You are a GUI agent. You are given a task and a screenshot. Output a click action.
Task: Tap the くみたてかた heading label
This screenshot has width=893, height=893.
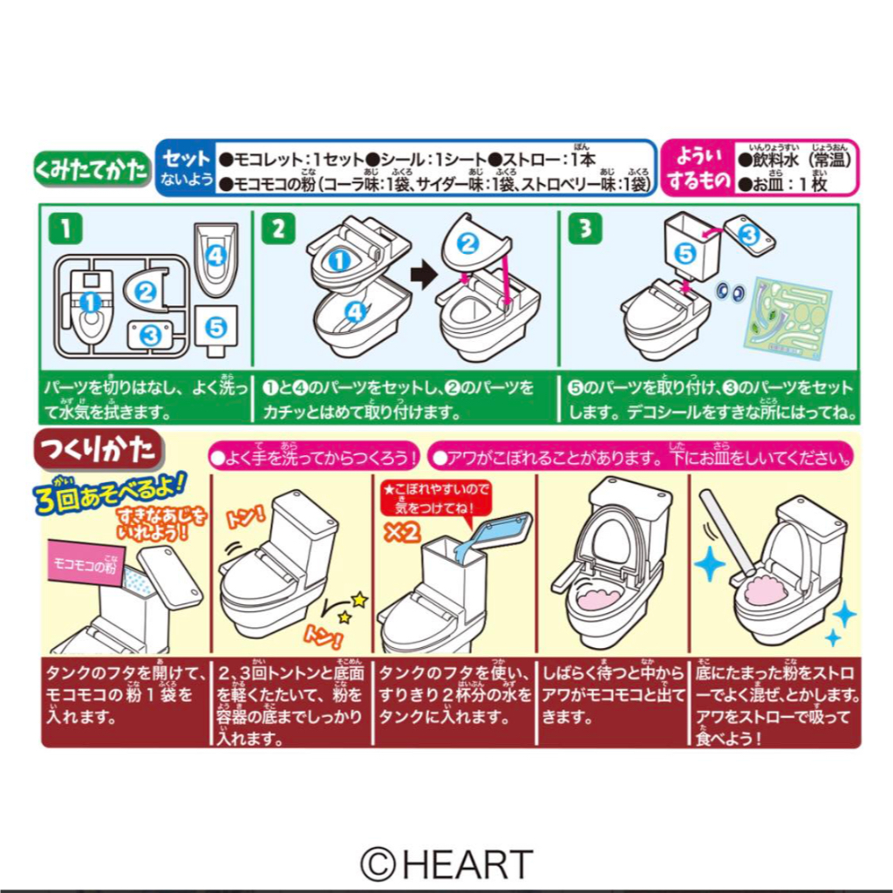pos(91,168)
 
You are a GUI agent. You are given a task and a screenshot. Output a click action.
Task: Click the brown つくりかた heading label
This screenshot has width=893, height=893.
pos(98,451)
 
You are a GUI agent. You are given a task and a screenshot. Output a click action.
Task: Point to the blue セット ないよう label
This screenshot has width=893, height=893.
pos(184,168)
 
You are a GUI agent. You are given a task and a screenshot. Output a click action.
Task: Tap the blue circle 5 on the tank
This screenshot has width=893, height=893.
pos(685,254)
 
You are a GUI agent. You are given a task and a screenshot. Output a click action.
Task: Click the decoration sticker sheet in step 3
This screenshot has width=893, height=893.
pos(787,316)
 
